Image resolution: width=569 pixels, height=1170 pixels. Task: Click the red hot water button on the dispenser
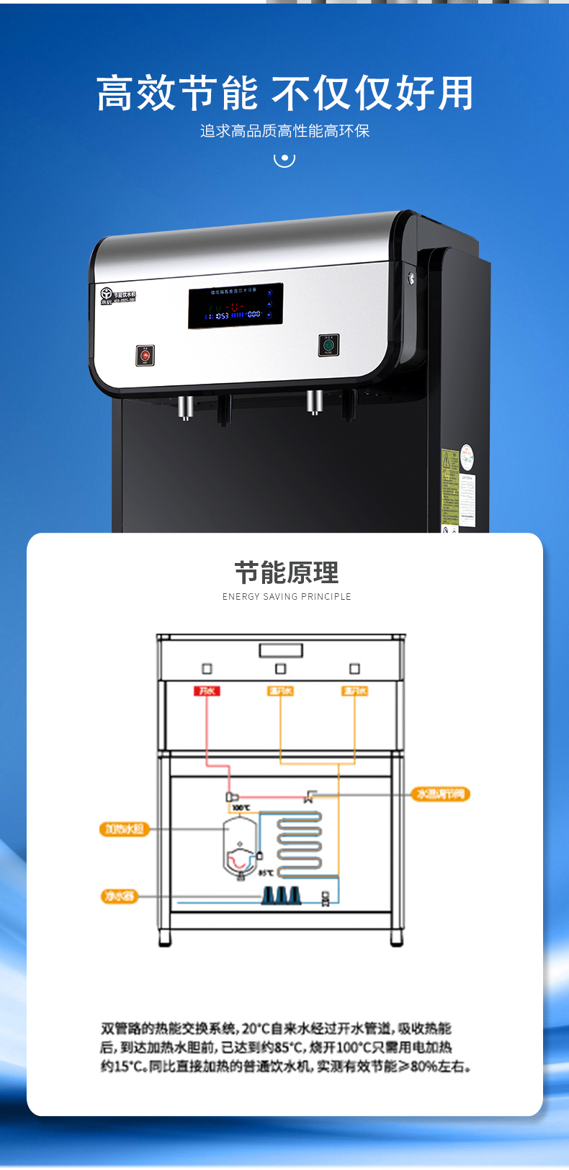[145, 356]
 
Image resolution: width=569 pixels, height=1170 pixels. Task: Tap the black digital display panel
[236, 306]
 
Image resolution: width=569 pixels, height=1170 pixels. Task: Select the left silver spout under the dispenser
[184, 407]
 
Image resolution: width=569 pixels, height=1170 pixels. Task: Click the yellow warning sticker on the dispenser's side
[449, 486]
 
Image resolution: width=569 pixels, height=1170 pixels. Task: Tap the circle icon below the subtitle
[284, 158]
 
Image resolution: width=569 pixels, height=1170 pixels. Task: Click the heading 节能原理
[286, 573]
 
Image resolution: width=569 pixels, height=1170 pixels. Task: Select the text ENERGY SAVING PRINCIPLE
[287, 596]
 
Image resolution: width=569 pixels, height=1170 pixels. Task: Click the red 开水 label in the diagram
[207, 691]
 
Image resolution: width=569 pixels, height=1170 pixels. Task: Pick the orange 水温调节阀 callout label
[441, 794]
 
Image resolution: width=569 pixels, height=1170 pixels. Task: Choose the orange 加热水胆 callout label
[124, 829]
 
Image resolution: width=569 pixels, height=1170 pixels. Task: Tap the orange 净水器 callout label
[119, 896]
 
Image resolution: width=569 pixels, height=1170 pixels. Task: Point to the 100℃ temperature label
[241, 808]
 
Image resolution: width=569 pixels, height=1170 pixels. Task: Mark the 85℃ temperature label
[266, 873]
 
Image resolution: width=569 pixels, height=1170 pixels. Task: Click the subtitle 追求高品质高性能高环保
[284, 131]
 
